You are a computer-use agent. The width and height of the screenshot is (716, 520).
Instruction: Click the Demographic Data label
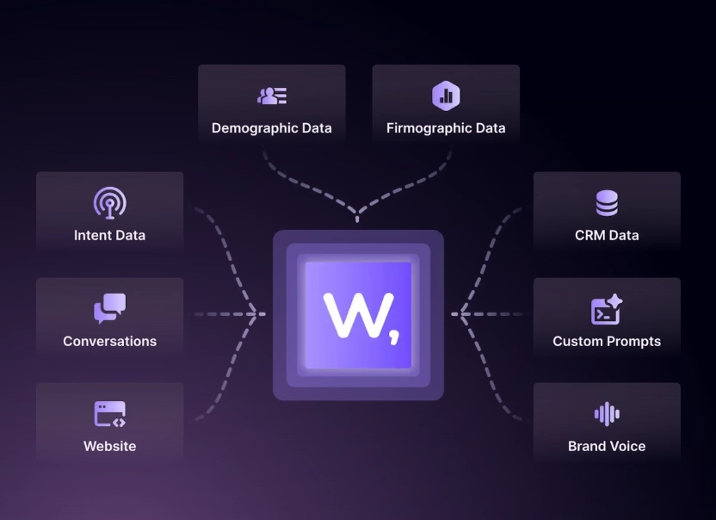tap(271, 128)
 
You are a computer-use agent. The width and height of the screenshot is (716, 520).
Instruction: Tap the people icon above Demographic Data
tap(272, 96)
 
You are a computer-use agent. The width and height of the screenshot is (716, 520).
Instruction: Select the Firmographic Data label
tap(446, 128)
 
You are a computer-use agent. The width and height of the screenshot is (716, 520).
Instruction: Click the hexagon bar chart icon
tap(446, 96)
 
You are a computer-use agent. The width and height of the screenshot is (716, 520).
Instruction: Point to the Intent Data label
tap(109, 235)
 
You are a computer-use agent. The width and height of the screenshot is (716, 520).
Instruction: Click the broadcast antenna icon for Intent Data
tap(109, 202)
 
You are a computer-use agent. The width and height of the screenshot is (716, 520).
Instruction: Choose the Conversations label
tap(109, 341)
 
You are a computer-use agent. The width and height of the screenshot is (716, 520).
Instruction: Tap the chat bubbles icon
tap(109, 308)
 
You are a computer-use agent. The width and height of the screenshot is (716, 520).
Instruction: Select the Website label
tap(109, 446)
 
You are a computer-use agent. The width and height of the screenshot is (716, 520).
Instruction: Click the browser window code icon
tap(109, 414)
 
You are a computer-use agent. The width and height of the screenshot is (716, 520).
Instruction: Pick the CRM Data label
tap(607, 235)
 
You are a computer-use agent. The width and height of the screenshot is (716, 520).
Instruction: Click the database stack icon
tap(607, 203)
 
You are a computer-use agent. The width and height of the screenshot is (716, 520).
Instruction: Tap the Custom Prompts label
tap(607, 341)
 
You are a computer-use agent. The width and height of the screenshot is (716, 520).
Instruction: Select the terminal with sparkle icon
tap(607, 309)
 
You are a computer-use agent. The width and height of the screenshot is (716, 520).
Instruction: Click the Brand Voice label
tap(607, 446)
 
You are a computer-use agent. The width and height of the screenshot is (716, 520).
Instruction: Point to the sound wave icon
tap(607, 414)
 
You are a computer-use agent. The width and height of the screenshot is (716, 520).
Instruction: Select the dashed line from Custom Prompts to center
tap(491, 314)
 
